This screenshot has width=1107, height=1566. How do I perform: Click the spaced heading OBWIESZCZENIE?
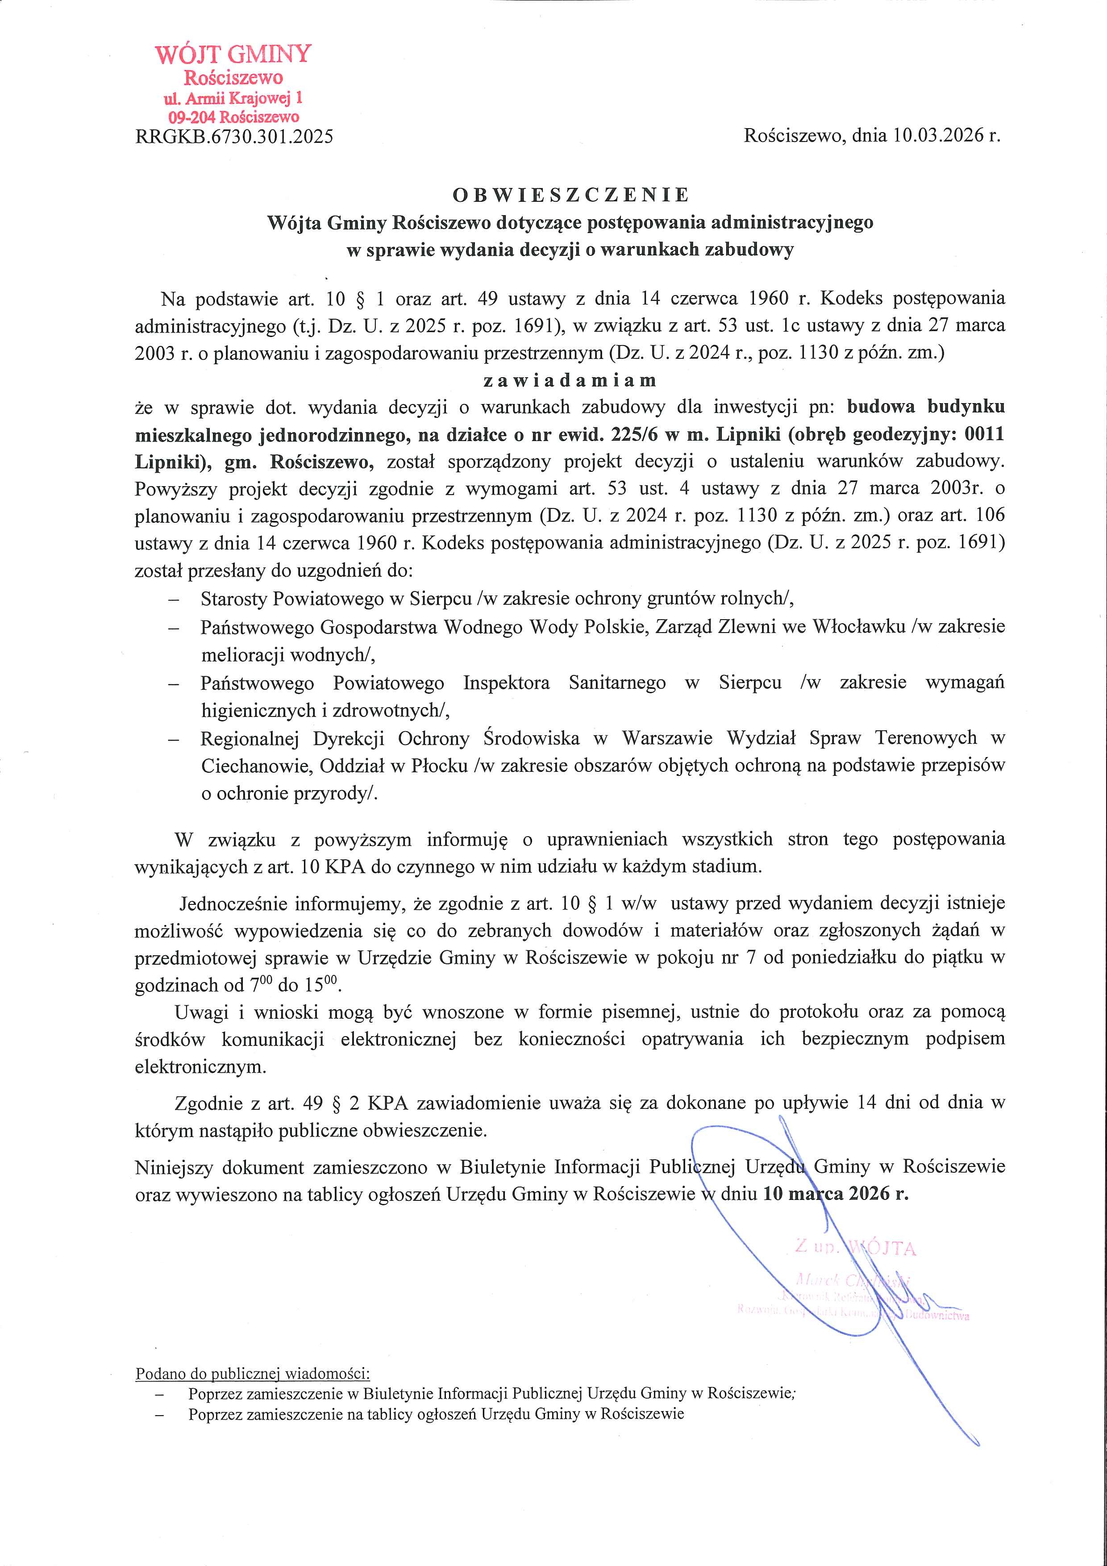pyautogui.click(x=571, y=195)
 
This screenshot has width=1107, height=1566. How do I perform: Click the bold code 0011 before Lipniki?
pyautogui.click(x=983, y=434)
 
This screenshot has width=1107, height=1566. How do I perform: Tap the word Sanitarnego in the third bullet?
pyautogui.click(x=617, y=683)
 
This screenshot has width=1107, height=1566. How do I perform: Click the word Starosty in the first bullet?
pyautogui.click(x=234, y=599)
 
